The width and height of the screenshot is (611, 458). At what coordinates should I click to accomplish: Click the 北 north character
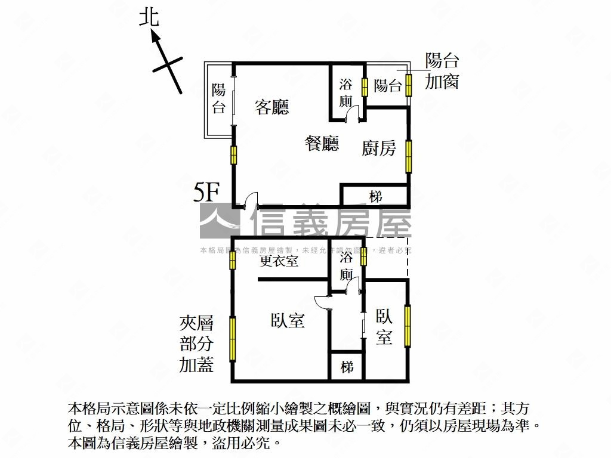tap(149, 16)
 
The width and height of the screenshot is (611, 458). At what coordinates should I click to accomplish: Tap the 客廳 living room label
tap(271, 107)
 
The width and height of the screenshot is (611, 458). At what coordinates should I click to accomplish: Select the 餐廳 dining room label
tap(322, 143)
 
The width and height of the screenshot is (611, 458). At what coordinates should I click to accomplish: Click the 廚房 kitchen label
tap(379, 147)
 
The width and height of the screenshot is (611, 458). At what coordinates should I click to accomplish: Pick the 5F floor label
tap(207, 193)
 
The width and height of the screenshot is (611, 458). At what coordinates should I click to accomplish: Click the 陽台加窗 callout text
tap(442, 71)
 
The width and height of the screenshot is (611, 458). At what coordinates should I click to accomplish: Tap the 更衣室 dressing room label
tap(279, 261)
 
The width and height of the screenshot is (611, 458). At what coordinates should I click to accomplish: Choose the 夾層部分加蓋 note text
tap(196, 344)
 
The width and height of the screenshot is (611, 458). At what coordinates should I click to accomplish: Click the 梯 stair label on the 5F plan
tap(375, 196)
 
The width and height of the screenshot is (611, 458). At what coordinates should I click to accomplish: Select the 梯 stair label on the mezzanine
tap(347, 366)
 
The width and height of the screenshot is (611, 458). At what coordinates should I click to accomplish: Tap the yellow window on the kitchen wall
tap(409, 156)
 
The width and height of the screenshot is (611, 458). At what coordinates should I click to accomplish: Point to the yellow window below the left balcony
tap(234, 154)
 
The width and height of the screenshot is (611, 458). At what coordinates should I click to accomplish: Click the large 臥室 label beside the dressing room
tap(288, 321)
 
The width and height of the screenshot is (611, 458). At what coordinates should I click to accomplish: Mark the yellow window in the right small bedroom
tap(408, 326)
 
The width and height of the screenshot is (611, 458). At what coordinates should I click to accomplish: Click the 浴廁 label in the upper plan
tap(346, 92)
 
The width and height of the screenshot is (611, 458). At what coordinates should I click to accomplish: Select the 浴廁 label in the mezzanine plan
tap(347, 266)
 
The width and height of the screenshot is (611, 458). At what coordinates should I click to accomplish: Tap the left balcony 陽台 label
tap(219, 98)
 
